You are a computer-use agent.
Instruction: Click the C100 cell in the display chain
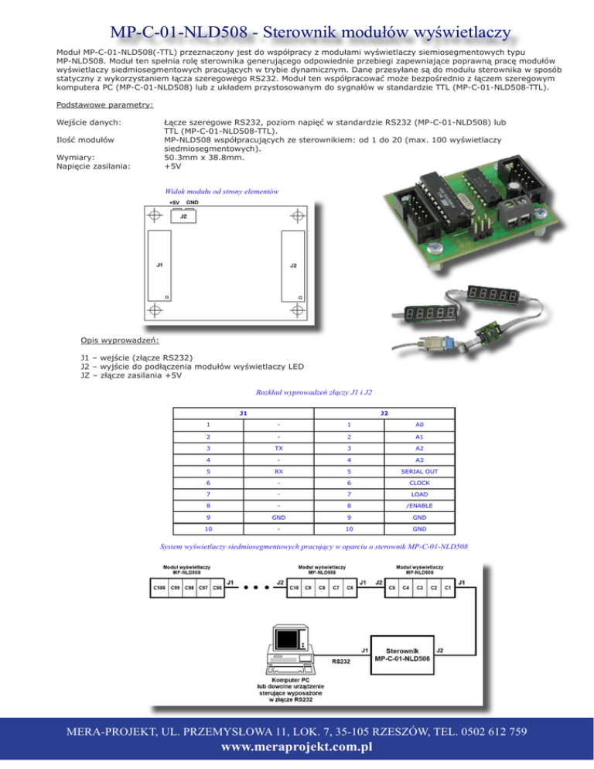[157, 589]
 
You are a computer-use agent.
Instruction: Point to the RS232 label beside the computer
[341, 661]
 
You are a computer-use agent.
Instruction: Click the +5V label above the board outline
[175, 202]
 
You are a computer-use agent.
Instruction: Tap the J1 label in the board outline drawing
[159, 265]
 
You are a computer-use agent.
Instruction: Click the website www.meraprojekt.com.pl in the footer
[297, 747]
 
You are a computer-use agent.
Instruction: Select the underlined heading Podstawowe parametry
[105, 104]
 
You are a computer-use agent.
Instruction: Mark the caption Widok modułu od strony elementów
[222, 190]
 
